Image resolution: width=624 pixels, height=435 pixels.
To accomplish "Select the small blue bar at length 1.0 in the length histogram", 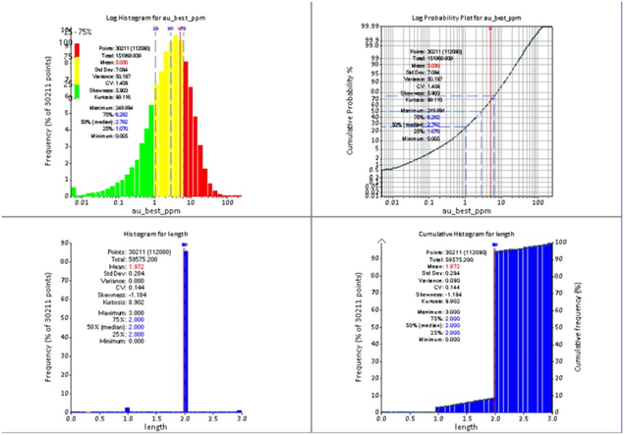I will (x=128, y=408).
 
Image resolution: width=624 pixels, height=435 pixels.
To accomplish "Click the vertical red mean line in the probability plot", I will (x=490, y=108).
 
